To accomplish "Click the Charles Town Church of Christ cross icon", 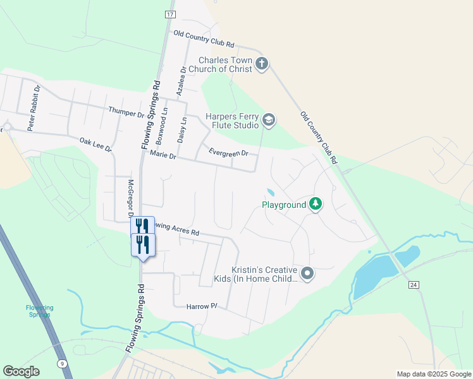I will click(262, 63).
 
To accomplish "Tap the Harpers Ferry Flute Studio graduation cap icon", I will click(269, 120).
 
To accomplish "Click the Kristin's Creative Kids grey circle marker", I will click(307, 273).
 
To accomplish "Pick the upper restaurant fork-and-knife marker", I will click(142, 226).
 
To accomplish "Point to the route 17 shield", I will click(169, 14).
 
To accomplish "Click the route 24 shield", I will click(414, 286).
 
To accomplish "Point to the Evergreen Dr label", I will click(229, 153).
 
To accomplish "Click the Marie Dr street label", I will click(162, 155).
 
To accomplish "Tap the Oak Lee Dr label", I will click(95, 145).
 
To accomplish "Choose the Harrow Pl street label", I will click(202, 306).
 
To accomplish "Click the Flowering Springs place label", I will click(40, 311).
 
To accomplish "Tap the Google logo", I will click(21, 371).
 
